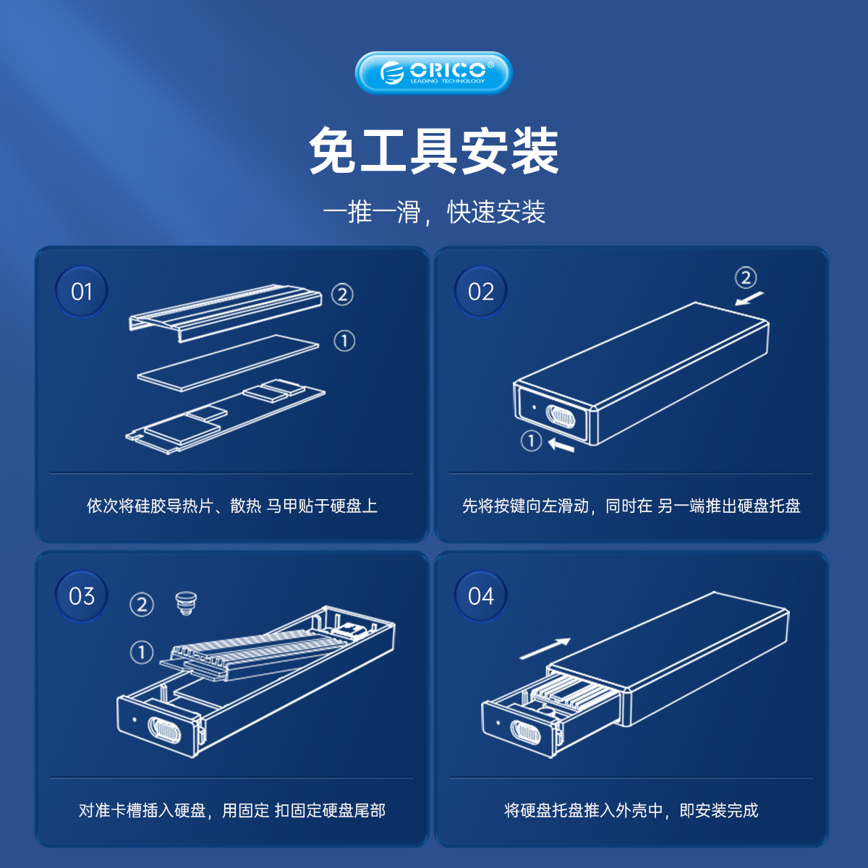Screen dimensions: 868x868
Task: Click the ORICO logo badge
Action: point(433,73)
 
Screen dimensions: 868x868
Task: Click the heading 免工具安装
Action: point(434,150)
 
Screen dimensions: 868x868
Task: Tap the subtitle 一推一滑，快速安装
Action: point(434,212)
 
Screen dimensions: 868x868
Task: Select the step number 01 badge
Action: point(82,292)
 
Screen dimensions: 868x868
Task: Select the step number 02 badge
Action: point(480,292)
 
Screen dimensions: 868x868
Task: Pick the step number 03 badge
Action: point(82,596)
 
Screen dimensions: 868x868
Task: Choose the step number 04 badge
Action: point(480,596)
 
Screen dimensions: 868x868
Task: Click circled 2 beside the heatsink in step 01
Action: point(342,294)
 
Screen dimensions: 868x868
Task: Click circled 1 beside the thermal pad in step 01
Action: point(344,341)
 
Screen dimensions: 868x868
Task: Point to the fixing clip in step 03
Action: point(186,603)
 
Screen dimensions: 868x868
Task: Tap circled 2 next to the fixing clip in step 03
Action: point(142,605)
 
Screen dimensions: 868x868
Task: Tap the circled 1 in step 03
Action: point(142,652)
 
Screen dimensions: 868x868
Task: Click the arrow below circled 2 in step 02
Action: point(749,298)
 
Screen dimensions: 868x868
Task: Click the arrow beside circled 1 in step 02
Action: point(561,445)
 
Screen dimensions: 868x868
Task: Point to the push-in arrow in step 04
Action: point(545,649)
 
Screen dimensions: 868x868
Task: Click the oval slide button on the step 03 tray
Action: point(164,730)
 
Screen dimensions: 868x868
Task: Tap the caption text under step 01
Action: point(232,506)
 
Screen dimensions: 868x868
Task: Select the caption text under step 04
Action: point(631,810)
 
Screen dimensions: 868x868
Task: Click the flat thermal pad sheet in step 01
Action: point(228,363)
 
